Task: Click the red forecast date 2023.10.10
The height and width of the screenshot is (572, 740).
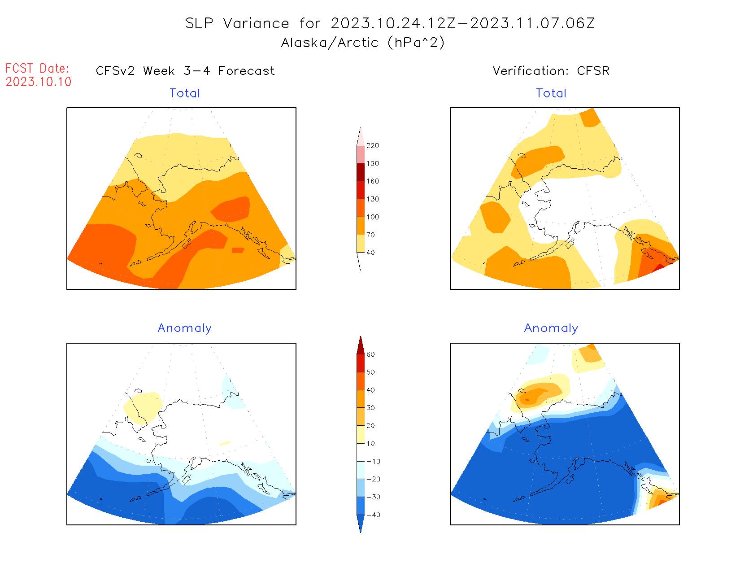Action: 39,82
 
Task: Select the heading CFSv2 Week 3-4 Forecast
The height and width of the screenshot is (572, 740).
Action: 185,71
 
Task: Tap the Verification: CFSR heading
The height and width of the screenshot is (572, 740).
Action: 551,71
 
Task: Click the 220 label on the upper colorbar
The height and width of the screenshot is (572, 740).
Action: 372,146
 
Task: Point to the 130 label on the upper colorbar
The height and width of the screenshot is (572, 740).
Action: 372,199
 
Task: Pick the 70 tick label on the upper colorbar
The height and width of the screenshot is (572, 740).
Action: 370,235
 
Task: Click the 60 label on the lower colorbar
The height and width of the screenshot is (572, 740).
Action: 370,354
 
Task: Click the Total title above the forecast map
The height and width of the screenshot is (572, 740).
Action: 185,93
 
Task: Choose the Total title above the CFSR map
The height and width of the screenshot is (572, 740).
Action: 551,93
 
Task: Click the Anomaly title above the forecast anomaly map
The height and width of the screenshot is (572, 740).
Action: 184,328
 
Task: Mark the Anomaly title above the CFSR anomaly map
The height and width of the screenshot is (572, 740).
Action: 551,328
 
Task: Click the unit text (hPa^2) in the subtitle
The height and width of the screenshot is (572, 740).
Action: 416,43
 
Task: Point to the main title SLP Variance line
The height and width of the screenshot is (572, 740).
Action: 390,23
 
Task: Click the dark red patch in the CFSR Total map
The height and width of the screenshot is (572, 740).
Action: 659,267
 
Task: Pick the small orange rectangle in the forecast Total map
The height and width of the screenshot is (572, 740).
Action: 238,250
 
